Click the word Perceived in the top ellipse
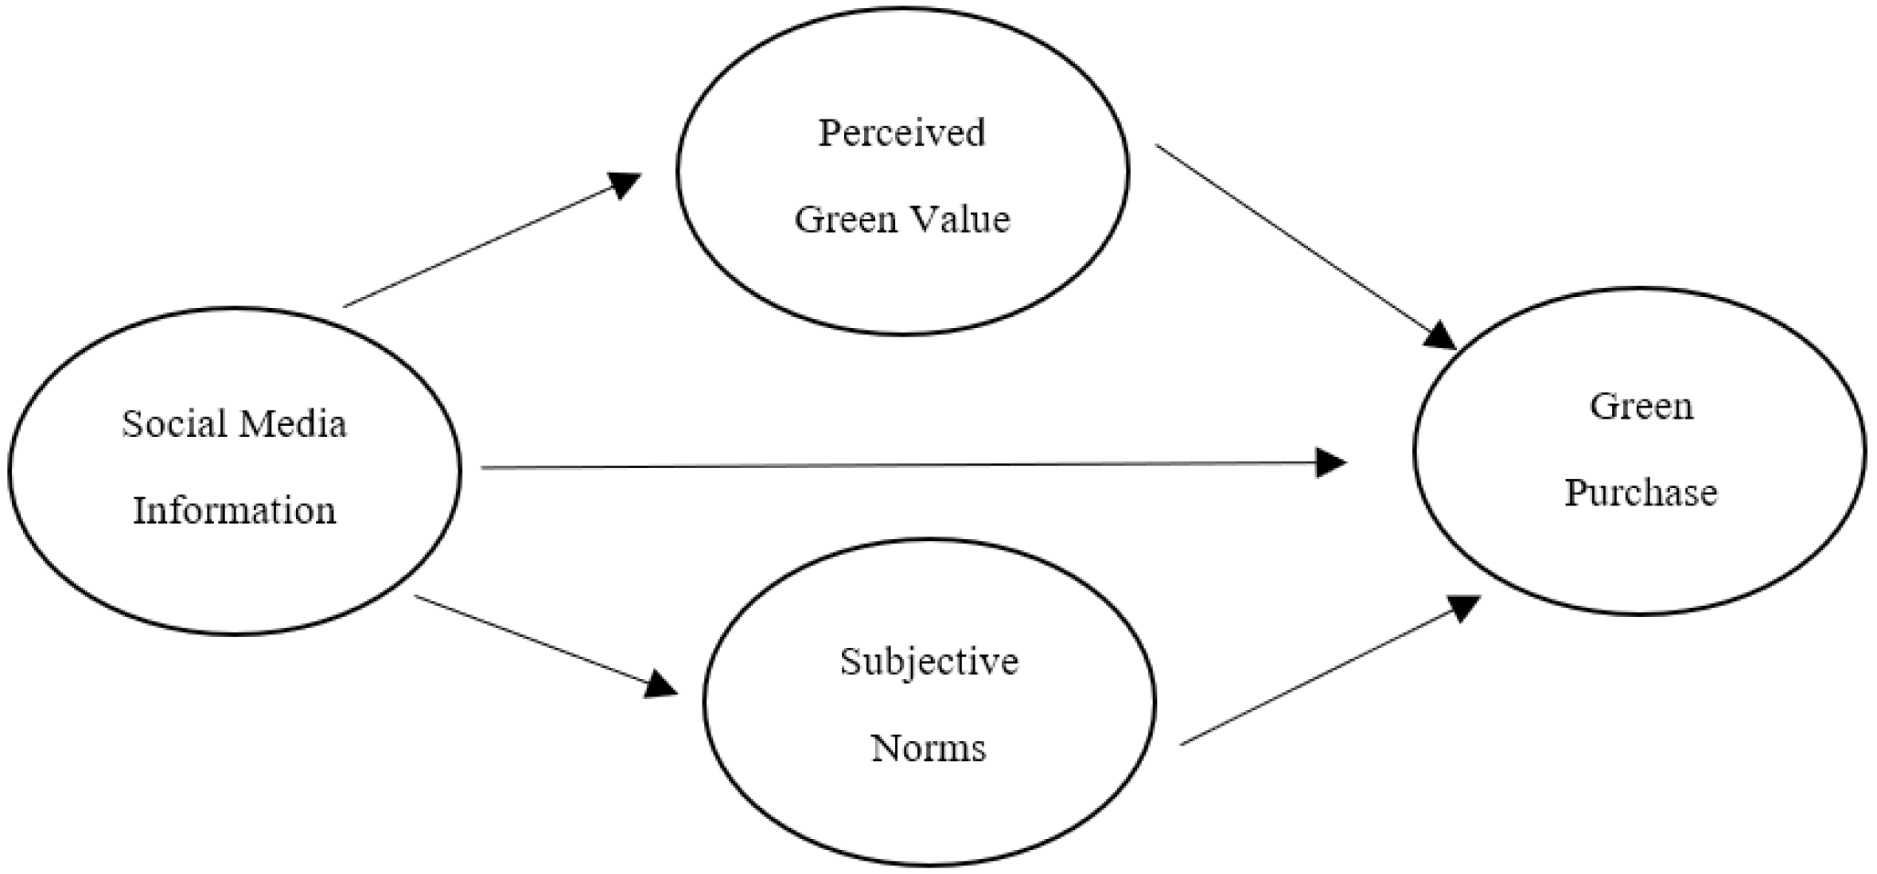[x=902, y=133]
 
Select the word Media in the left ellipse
[x=292, y=423]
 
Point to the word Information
[x=234, y=510]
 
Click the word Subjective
[x=929, y=661]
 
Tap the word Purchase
[x=1641, y=493]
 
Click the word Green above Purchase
[x=1641, y=407]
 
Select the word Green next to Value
[x=847, y=220]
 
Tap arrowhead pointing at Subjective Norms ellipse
[x=660, y=685]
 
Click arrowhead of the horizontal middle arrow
[x=1330, y=462]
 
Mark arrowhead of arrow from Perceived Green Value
[x=1439, y=336]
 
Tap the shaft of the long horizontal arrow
[x=875, y=466]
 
